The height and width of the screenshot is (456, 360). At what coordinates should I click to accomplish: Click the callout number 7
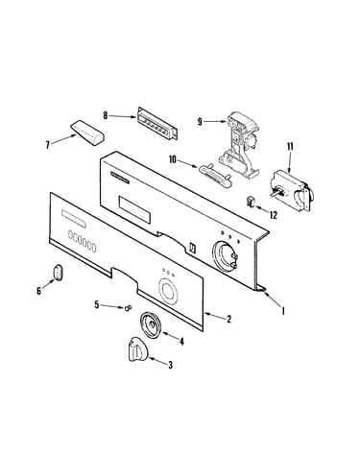[x=47, y=145]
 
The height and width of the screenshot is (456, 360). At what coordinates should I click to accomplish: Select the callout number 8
[x=106, y=115]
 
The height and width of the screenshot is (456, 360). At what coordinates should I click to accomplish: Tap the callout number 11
[x=290, y=147]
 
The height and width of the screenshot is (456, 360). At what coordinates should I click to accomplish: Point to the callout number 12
[x=274, y=215]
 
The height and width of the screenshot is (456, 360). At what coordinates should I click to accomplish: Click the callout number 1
[x=283, y=310]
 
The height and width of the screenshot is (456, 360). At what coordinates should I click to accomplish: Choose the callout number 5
[x=97, y=304]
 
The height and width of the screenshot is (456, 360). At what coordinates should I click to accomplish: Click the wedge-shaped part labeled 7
[x=87, y=133]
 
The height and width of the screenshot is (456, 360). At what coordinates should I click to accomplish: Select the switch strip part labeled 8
[x=157, y=124]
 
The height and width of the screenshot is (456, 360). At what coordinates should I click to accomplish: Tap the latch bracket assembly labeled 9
[x=240, y=144]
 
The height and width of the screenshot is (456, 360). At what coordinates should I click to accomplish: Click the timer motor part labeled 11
[x=291, y=192]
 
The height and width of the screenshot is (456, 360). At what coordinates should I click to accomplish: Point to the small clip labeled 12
[x=250, y=202]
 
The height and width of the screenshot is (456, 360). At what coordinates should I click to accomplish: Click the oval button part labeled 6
[x=57, y=273]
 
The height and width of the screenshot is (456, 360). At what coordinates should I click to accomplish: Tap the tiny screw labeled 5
[x=128, y=308]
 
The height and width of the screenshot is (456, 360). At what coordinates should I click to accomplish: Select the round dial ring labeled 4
[x=151, y=324]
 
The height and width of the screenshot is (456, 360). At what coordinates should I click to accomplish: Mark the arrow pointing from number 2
[x=214, y=317]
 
